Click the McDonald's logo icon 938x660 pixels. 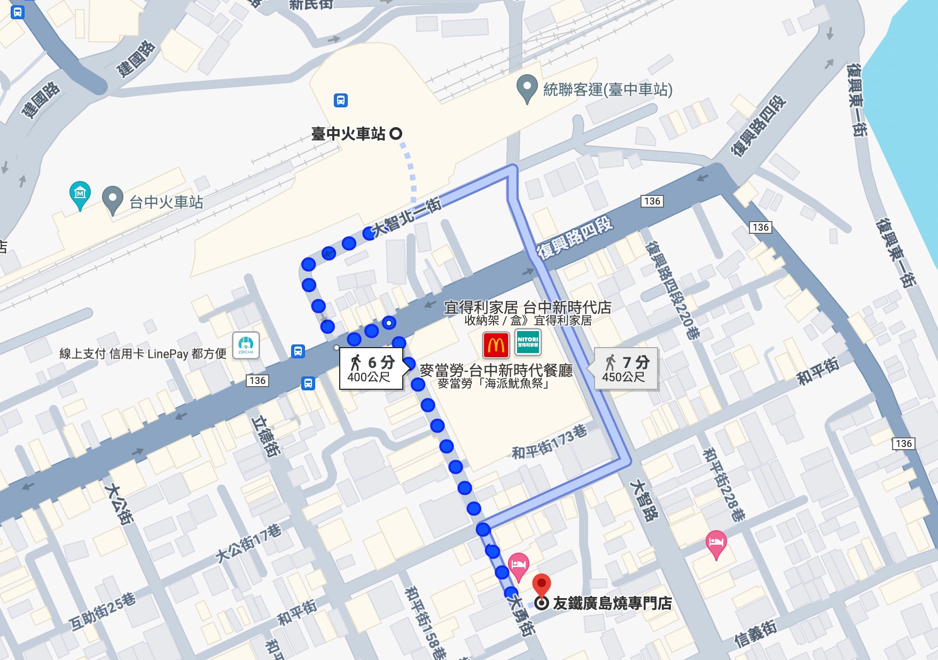pyautogui.click(x=496, y=345)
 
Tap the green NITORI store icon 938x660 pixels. pyautogui.click(x=528, y=342)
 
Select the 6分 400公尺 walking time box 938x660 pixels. pyautogui.click(x=371, y=369)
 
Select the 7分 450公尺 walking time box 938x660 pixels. pyautogui.click(x=626, y=369)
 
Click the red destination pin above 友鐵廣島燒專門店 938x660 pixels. pyautogui.click(x=542, y=584)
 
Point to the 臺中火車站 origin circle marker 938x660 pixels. pyautogui.click(x=396, y=133)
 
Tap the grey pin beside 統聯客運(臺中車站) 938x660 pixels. pyautogui.click(x=527, y=88)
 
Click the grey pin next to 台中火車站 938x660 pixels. pyautogui.click(x=112, y=200)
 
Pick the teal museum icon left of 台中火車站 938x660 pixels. pyautogui.click(x=80, y=194)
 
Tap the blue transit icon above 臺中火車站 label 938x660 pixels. pyautogui.click(x=341, y=100)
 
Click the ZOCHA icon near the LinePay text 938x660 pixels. pyautogui.click(x=246, y=345)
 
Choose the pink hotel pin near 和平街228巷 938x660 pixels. pyautogui.click(x=716, y=544)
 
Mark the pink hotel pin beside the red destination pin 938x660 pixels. pyautogui.click(x=518, y=565)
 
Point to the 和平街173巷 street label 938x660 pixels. pyautogui.click(x=549, y=443)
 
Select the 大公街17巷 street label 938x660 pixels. pyautogui.click(x=248, y=544)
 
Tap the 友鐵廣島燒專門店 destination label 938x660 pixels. pyautogui.click(x=612, y=603)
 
